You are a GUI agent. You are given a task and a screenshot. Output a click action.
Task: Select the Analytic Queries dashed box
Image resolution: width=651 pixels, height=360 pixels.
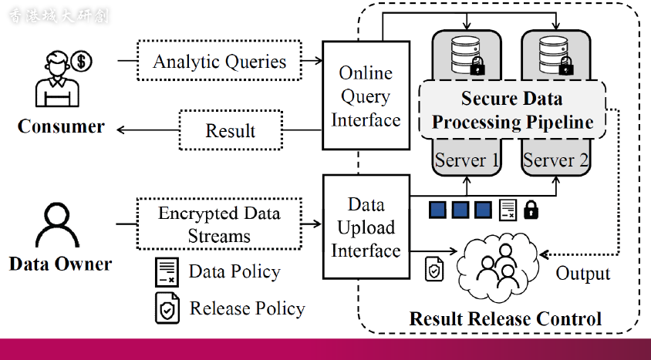coord(219,62)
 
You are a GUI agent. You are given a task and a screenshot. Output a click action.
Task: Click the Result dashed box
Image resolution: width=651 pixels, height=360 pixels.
coord(230,130)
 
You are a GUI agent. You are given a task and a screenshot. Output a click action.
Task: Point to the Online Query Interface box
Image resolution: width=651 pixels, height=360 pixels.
coord(365,96)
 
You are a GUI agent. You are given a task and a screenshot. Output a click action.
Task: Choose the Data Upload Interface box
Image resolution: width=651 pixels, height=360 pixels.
coord(365,227)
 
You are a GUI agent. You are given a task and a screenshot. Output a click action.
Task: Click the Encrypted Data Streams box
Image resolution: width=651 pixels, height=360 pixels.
coord(219,224)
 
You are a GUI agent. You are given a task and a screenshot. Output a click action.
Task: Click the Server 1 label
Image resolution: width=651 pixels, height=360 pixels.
coord(466,160)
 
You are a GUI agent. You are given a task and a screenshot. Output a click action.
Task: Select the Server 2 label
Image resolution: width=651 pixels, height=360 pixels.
coord(555,160)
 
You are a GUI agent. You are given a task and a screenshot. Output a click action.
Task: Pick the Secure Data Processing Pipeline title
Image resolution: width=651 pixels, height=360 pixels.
coord(512,110)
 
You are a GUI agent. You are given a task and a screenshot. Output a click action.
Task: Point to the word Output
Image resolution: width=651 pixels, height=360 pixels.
coord(583,274)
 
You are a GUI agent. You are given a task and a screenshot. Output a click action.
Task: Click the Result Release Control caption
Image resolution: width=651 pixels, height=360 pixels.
coord(505,318)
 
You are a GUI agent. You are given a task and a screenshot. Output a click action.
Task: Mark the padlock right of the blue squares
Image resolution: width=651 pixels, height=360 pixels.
coord(531,209)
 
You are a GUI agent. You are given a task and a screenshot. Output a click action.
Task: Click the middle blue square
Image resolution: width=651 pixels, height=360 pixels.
coord(461,209)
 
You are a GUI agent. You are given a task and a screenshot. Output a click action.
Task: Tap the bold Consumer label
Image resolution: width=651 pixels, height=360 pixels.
coord(61,126)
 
